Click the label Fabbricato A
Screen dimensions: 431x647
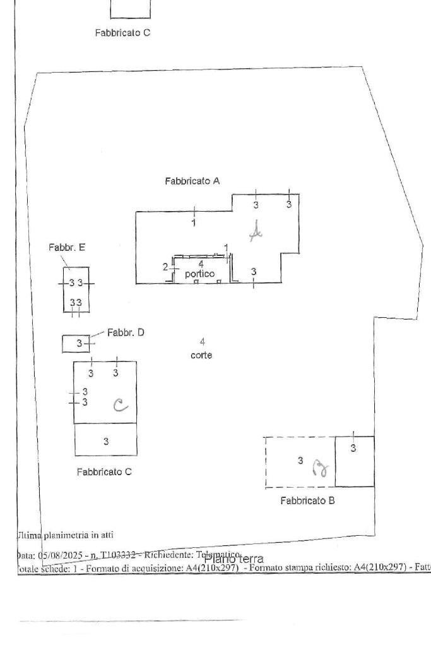point(192,181)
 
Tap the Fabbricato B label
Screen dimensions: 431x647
point(307,501)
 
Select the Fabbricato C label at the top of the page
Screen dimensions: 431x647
point(122,32)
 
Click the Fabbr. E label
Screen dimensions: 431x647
point(66,248)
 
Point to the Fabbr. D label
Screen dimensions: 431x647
point(126,332)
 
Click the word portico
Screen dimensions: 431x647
point(199,274)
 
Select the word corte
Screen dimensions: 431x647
point(201,355)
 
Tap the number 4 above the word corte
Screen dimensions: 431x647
point(201,342)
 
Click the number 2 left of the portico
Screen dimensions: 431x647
point(165,267)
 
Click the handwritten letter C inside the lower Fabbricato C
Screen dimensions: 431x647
point(119,404)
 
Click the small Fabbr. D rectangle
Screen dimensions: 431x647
point(75,343)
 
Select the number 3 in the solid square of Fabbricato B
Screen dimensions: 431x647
point(353,448)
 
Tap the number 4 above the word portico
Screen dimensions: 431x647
point(201,263)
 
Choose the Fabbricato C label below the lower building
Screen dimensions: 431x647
point(104,471)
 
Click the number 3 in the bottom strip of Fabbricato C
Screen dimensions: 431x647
point(106,440)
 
